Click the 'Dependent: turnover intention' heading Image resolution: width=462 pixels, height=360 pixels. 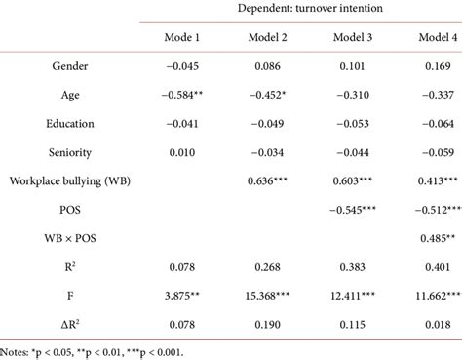(308, 9)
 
